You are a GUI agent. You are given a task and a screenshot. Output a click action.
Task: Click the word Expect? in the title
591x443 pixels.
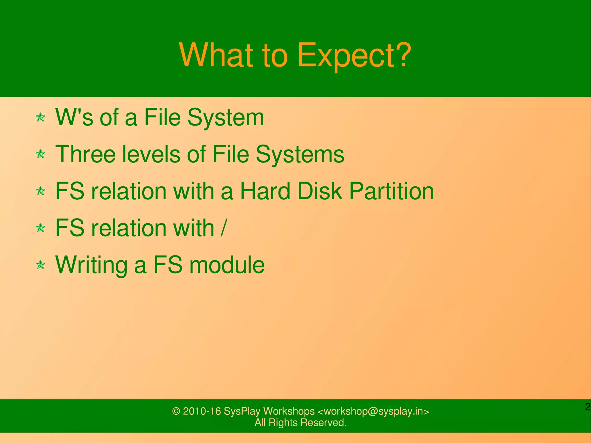pyautogui.click(x=354, y=55)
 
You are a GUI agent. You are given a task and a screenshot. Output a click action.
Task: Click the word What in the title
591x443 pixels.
pyautogui.click(x=216, y=55)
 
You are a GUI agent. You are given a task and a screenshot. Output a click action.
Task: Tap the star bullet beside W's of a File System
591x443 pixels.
pyautogui.click(x=40, y=117)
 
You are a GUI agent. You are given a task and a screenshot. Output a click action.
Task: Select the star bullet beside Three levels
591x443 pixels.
pyautogui.click(x=40, y=154)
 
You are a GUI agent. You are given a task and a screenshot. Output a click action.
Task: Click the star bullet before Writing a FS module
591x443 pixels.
pyautogui.click(x=40, y=265)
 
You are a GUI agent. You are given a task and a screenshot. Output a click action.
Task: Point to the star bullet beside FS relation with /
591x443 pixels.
pyautogui.click(x=40, y=228)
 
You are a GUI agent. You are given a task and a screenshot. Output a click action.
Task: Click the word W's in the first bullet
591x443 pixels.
pyautogui.click(x=74, y=117)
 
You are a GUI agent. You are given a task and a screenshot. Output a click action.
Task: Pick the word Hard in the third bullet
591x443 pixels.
pyautogui.click(x=265, y=191)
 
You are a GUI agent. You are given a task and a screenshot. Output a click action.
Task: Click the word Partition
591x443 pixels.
pyautogui.click(x=391, y=191)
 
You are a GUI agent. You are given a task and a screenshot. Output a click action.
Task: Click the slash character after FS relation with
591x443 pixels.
pyautogui.click(x=224, y=228)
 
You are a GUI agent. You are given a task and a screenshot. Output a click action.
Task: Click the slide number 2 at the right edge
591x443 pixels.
pyautogui.click(x=588, y=407)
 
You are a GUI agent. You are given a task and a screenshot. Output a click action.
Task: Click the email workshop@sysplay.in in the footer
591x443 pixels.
pyautogui.click(x=373, y=411)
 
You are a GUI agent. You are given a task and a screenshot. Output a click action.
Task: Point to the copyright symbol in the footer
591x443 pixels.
pyautogui.click(x=176, y=411)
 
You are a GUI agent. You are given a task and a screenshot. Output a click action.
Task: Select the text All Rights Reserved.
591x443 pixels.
pyautogui.click(x=300, y=423)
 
